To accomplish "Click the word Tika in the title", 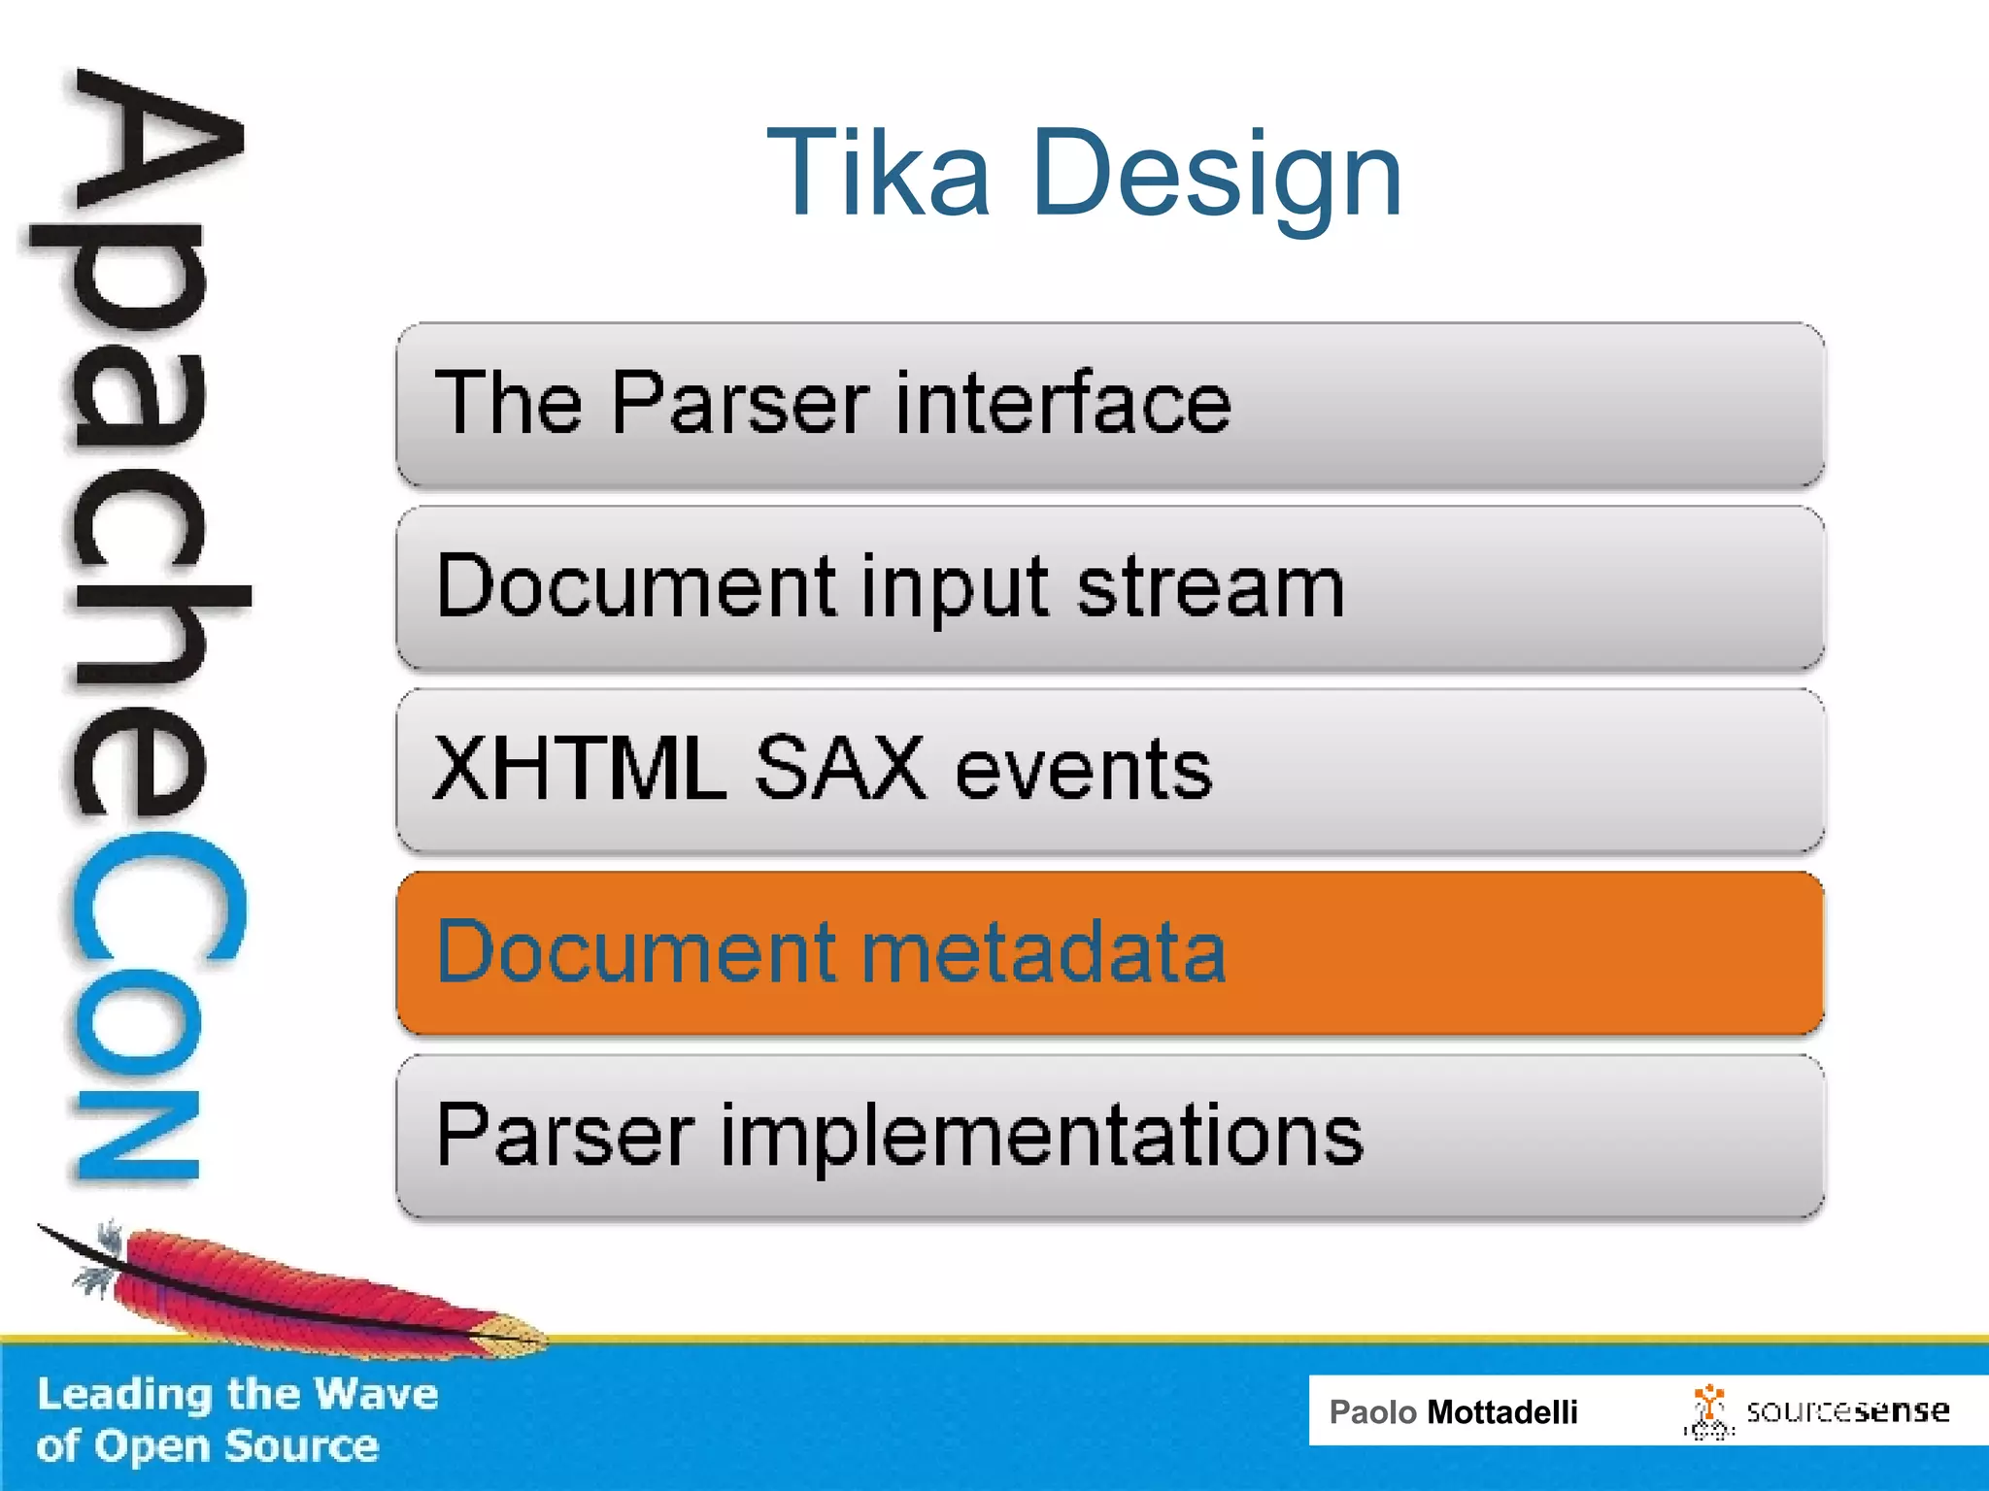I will coord(878,175).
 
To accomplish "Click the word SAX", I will coord(840,769).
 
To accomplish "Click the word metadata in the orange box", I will coord(1043,953).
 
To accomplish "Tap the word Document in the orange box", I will coord(636,953).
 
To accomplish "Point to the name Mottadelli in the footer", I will coord(1501,1412).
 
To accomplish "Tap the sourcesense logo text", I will coord(1847,1410).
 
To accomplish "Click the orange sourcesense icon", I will coord(1708,1410).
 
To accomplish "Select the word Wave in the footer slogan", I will coord(376,1394).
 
